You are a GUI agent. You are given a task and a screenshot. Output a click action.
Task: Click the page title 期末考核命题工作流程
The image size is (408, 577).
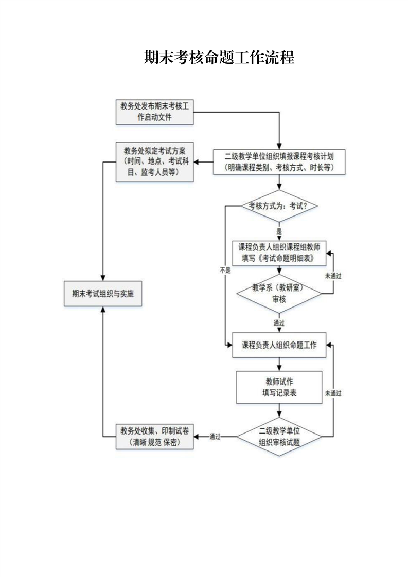(219, 58)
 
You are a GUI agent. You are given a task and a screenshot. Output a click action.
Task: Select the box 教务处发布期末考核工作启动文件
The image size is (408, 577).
(154, 112)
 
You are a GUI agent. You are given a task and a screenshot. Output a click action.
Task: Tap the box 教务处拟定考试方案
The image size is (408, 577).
(154, 162)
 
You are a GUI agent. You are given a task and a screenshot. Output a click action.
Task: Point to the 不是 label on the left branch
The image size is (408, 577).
(225, 269)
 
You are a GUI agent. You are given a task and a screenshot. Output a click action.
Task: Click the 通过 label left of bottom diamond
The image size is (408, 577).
(215, 437)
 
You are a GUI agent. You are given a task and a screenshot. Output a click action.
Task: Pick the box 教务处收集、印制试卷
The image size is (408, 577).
(154, 437)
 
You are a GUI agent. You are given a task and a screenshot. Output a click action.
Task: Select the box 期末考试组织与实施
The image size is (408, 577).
(103, 294)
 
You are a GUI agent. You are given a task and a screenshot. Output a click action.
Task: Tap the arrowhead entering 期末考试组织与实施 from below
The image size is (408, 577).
(103, 310)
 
